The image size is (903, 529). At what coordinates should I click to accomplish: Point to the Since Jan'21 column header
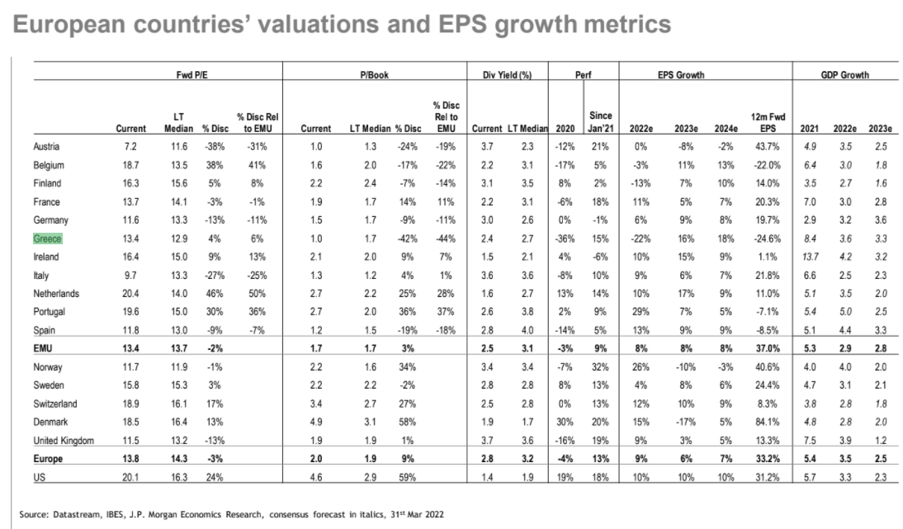click(x=598, y=123)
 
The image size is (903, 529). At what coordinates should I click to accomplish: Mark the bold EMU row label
click(x=45, y=348)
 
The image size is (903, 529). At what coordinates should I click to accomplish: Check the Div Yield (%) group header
click(x=506, y=74)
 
